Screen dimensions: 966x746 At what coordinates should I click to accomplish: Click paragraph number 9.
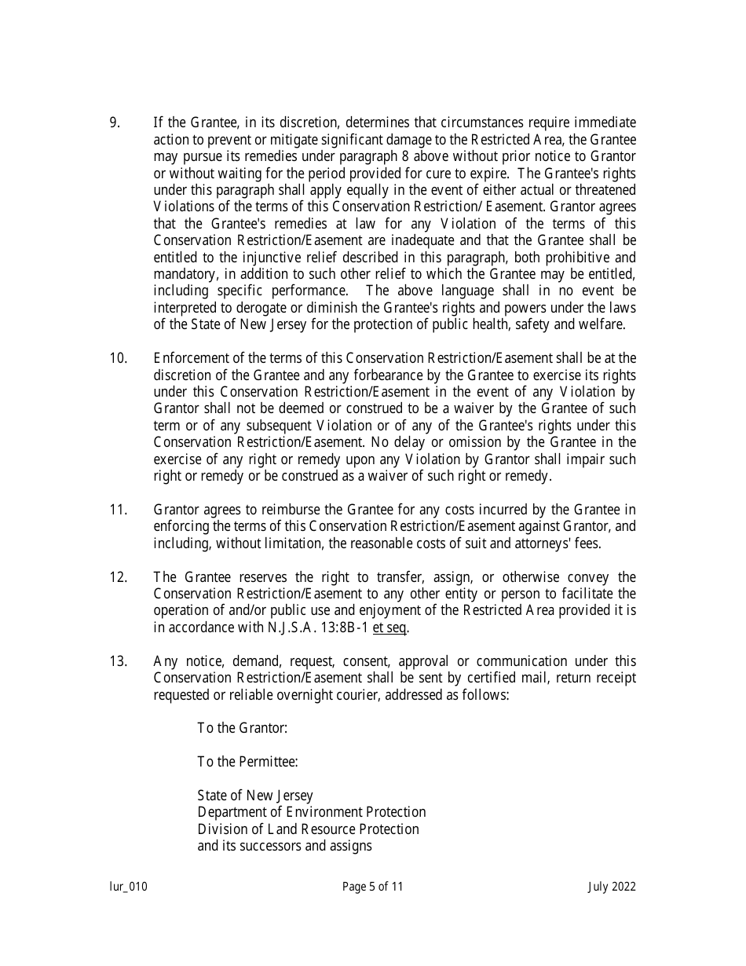click(x=114, y=123)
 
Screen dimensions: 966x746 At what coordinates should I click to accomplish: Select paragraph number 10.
click(x=118, y=358)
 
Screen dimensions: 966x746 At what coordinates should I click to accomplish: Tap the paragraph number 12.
click(x=118, y=577)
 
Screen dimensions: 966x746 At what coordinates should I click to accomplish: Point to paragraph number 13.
click(x=118, y=661)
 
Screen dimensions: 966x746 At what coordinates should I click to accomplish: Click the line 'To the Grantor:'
click(x=243, y=728)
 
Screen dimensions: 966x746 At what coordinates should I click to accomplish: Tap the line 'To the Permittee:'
click(x=247, y=762)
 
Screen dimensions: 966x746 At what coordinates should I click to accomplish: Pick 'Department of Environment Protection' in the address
click(x=312, y=812)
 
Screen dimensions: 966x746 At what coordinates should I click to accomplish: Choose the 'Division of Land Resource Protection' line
click(x=308, y=829)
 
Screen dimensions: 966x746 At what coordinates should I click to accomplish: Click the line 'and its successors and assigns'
click(x=284, y=846)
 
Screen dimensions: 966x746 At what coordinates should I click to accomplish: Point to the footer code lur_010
click(x=128, y=887)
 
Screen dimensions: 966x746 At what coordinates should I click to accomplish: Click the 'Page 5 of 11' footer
click(x=373, y=887)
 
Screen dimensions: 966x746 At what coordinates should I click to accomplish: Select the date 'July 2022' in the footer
click(x=612, y=887)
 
